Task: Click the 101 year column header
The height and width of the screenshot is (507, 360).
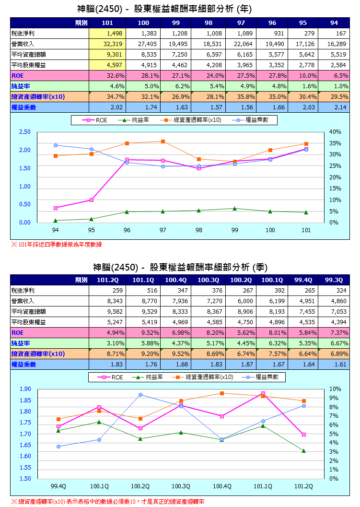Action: point(107,23)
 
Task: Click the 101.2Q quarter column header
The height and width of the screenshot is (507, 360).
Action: point(108,280)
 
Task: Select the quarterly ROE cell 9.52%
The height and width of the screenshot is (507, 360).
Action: point(143,332)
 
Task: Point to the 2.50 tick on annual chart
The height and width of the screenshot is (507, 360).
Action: point(25,132)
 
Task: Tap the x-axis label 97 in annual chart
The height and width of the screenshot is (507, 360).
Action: point(163,231)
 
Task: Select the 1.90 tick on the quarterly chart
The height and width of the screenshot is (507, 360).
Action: point(25,389)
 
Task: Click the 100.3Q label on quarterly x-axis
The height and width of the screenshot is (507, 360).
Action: point(181,486)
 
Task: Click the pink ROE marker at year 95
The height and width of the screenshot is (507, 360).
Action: point(91,200)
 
